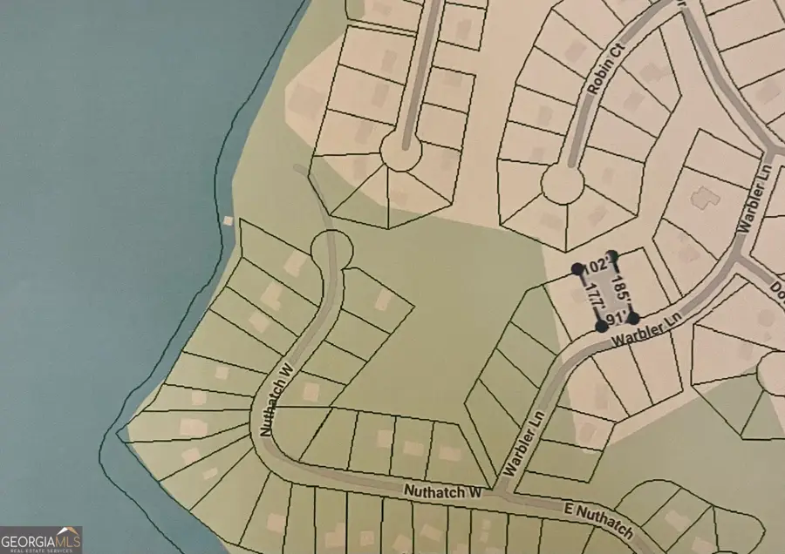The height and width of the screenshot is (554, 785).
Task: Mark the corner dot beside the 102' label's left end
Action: (577, 270)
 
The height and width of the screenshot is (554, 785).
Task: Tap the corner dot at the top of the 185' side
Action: (613, 255)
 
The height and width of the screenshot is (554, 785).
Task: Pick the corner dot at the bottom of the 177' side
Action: (601, 327)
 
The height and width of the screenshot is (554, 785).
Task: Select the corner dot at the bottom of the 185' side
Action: (634, 317)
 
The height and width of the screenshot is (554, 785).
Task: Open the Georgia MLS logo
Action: (42, 539)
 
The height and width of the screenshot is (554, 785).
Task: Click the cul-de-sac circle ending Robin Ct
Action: (562, 184)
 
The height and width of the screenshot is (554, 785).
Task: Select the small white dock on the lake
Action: (229, 220)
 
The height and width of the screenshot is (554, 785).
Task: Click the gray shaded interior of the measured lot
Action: (605, 292)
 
